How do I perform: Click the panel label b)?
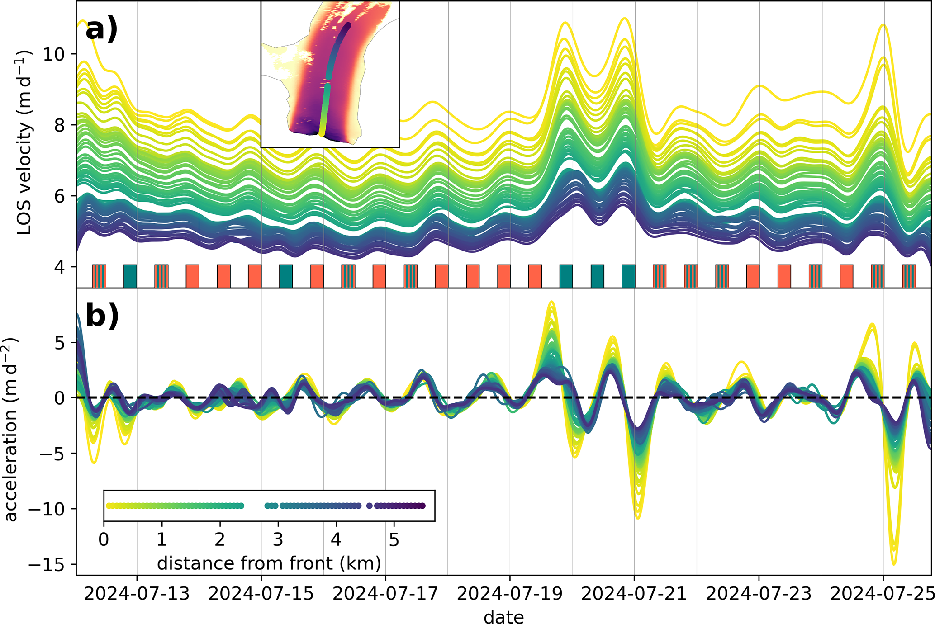(x=102, y=315)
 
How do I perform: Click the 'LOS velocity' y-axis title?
(x=24, y=142)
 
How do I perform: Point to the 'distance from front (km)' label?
(x=269, y=563)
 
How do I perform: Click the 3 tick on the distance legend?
(x=278, y=539)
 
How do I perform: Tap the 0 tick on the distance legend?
(x=104, y=539)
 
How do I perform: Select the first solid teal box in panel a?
(x=130, y=276)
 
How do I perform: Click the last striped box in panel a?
(x=909, y=276)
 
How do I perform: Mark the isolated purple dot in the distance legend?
(x=370, y=506)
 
